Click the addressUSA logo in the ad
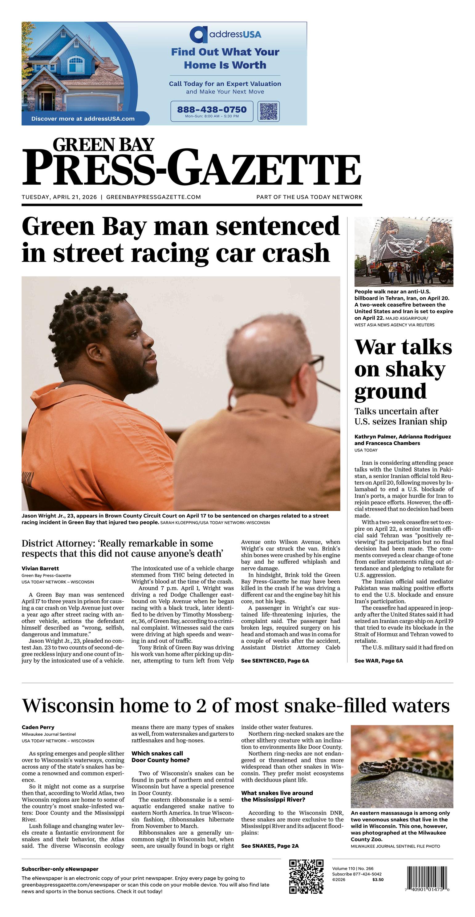pos(225,34)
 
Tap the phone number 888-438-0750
pos(212,109)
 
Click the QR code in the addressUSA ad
pos(268,111)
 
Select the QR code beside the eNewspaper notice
pos(306,876)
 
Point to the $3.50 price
pos(378,880)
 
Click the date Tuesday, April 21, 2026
pos(59,197)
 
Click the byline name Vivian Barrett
pos(40,569)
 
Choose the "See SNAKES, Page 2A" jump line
pos(270,846)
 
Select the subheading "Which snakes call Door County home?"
pos(160,757)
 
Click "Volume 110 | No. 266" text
pos(353,869)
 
